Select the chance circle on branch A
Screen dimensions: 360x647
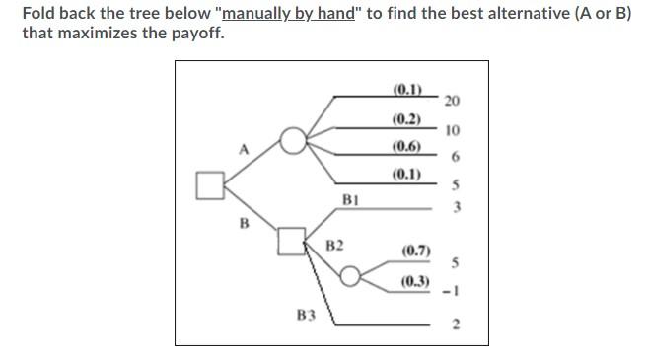pyautogui.click(x=293, y=141)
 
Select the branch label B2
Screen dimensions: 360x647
pyautogui.click(x=334, y=245)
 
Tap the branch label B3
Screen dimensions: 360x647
pyautogui.click(x=306, y=316)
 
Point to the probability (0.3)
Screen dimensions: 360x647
pyautogui.click(x=415, y=281)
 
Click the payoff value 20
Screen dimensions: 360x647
pyautogui.click(x=452, y=101)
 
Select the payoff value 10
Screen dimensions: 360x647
pyautogui.click(x=452, y=130)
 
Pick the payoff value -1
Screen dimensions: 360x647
pyautogui.click(x=453, y=290)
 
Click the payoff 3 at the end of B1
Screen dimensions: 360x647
pyautogui.click(x=455, y=207)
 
